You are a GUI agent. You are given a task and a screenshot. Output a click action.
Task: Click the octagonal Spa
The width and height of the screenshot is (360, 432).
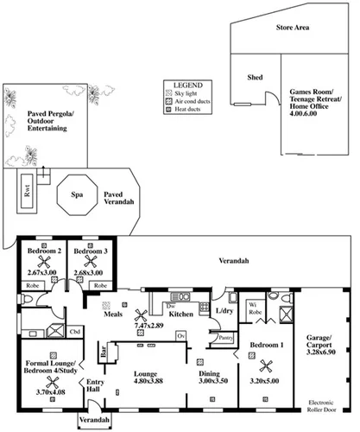click(x=76, y=197)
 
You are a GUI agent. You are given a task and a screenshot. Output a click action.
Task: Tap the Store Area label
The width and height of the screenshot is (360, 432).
click(x=292, y=28)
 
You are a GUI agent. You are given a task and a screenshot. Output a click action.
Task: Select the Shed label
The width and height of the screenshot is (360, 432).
click(x=255, y=77)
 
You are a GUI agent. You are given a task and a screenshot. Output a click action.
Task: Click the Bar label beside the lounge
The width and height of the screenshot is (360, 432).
click(x=104, y=353)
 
